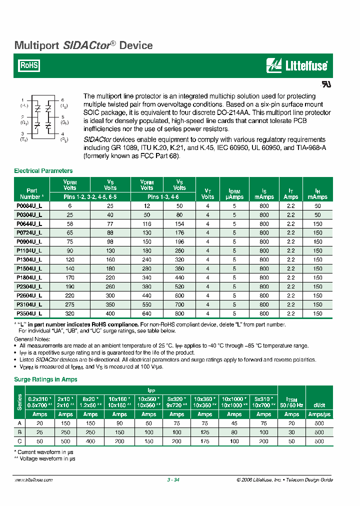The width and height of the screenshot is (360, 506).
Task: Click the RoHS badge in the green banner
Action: click(x=29, y=65)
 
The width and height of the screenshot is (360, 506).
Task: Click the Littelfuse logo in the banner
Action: click(x=297, y=65)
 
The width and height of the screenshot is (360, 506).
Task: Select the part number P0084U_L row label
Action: click(x=29, y=206)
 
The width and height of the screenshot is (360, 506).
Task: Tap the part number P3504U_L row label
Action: click(x=29, y=313)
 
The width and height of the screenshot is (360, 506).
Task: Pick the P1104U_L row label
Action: click(x=29, y=250)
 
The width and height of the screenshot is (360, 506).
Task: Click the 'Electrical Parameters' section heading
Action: click(x=43, y=171)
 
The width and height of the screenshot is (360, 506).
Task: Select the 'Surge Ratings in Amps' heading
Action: click(x=45, y=379)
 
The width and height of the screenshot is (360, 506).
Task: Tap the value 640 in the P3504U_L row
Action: click(x=147, y=313)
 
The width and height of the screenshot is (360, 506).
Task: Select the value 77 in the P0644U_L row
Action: click(x=110, y=224)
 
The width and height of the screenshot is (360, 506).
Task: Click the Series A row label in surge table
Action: click(x=20, y=423)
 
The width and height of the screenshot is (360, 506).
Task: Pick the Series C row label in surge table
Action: click(x=20, y=441)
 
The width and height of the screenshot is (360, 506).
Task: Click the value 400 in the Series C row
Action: click(x=90, y=441)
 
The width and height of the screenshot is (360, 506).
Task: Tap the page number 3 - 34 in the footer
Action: click(x=173, y=480)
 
